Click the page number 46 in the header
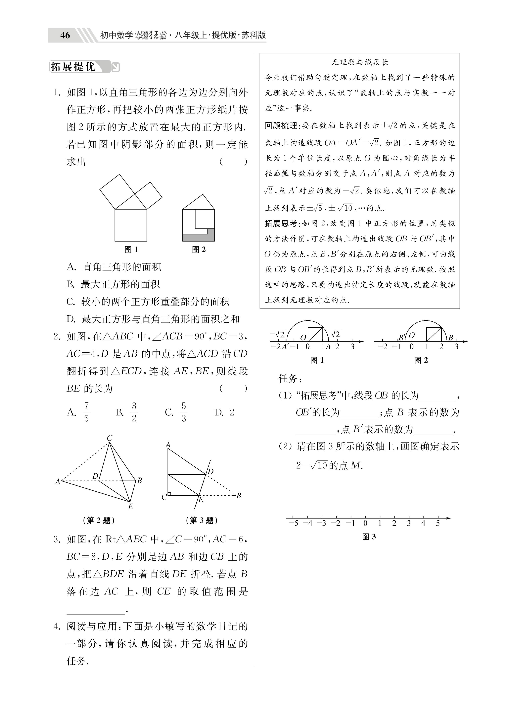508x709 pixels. (x=65, y=35)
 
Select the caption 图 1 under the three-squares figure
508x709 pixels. (x=131, y=249)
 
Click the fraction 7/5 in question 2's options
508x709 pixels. (x=86, y=412)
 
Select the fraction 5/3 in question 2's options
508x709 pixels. (x=184, y=412)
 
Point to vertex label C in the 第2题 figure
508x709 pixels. (x=110, y=438)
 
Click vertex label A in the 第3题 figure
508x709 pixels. (x=168, y=445)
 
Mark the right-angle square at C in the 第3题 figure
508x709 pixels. (x=169, y=494)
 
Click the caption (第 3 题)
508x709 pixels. (x=202, y=521)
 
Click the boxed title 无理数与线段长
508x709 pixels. (x=360, y=62)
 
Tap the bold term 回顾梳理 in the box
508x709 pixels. (x=281, y=126)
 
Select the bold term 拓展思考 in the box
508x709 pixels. (x=281, y=224)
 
